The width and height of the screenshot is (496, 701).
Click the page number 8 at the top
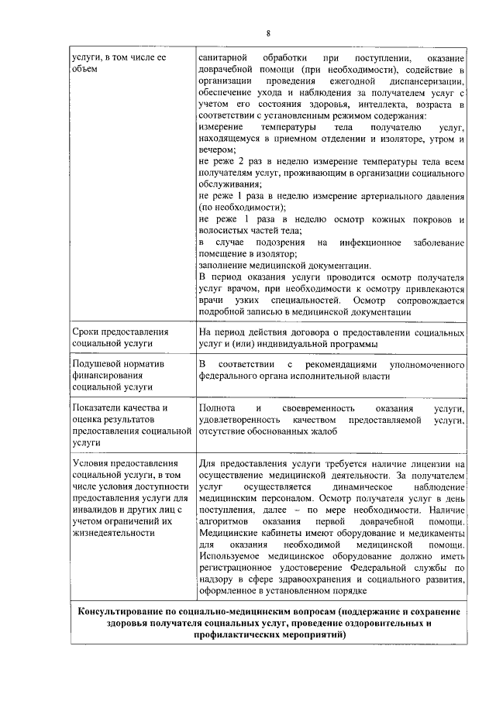point(268,33)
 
